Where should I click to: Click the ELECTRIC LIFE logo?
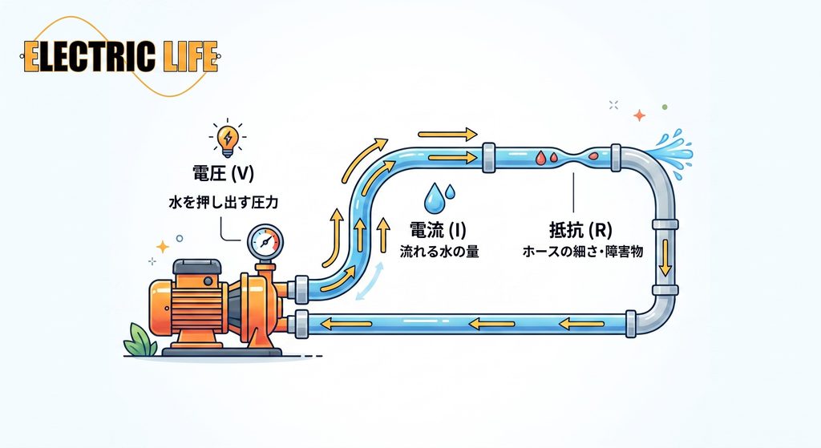pyautogui.click(x=120, y=57)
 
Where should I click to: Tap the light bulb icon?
pyautogui.click(x=227, y=139)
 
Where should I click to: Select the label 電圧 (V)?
pyautogui.click(x=224, y=173)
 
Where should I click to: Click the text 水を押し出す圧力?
pyautogui.click(x=224, y=202)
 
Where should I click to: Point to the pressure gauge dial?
pyautogui.click(x=265, y=242)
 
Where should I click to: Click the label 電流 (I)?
pyautogui.click(x=438, y=230)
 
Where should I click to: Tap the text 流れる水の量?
pyautogui.click(x=439, y=252)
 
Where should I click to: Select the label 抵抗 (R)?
pyautogui.click(x=580, y=230)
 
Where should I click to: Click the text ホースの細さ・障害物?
pyautogui.click(x=583, y=252)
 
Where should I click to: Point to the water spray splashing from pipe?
pyautogui.click(x=671, y=152)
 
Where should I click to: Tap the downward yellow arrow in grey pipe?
pyautogui.click(x=665, y=257)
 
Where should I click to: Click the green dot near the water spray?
pyautogui.click(x=665, y=107)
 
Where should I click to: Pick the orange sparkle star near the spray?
pyautogui.click(x=639, y=115)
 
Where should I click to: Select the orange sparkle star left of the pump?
pyautogui.click(x=163, y=247)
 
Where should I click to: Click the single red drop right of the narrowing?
pyautogui.click(x=593, y=155)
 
